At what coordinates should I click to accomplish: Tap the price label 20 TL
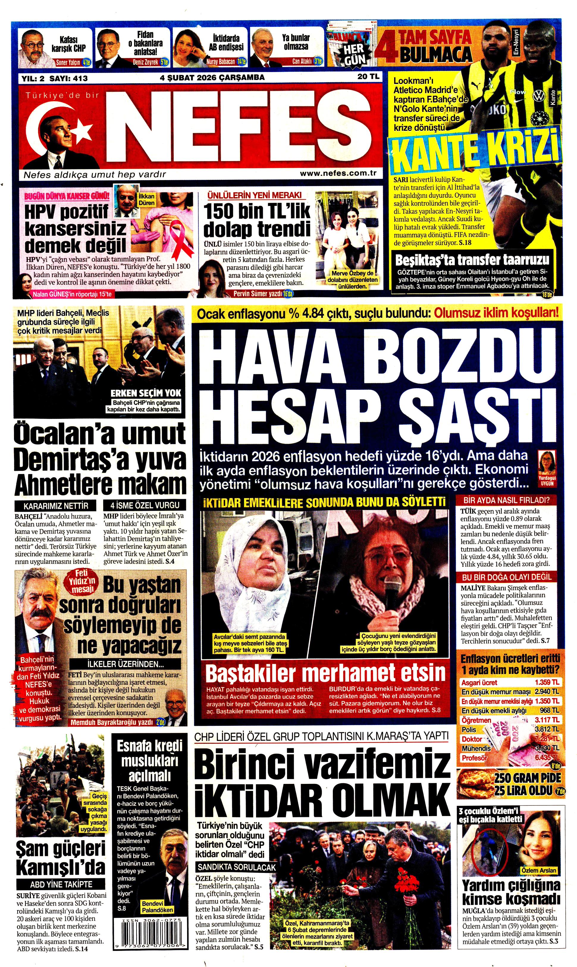tap(368, 77)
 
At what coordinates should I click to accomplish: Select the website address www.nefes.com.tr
tap(338, 174)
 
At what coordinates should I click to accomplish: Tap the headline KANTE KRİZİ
tap(475, 150)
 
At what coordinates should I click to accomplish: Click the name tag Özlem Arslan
tap(539, 870)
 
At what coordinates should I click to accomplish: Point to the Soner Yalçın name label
tap(68, 62)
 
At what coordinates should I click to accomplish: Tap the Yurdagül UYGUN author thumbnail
tap(546, 467)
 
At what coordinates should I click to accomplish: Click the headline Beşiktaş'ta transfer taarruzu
tap(472, 260)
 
